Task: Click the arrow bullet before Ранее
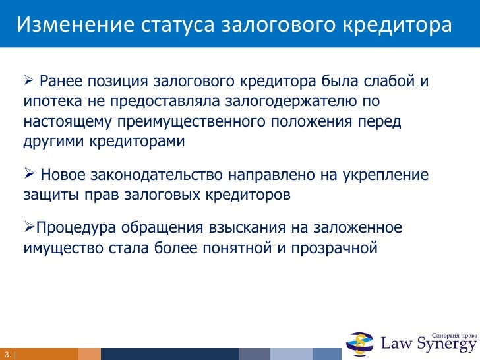pos(28,82)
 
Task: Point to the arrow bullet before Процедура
pos(28,228)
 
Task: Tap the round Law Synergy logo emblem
pos(361,341)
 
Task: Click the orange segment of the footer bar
pos(89,354)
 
